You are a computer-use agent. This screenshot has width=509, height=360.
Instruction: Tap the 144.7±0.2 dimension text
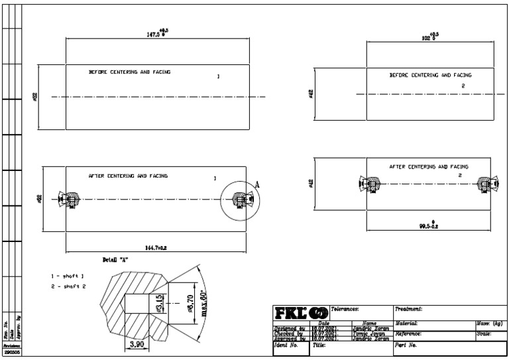point(156,247)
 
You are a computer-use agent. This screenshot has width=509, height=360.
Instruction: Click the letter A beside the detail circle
point(257,185)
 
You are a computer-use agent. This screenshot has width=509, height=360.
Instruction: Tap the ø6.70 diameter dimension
point(190,304)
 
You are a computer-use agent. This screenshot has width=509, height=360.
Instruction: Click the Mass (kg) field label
point(489,323)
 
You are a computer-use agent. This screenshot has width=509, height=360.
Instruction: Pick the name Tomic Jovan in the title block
point(370,333)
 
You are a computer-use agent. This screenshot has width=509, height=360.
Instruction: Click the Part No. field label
point(406,345)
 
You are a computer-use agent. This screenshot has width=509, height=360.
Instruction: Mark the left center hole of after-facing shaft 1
point(69,198)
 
